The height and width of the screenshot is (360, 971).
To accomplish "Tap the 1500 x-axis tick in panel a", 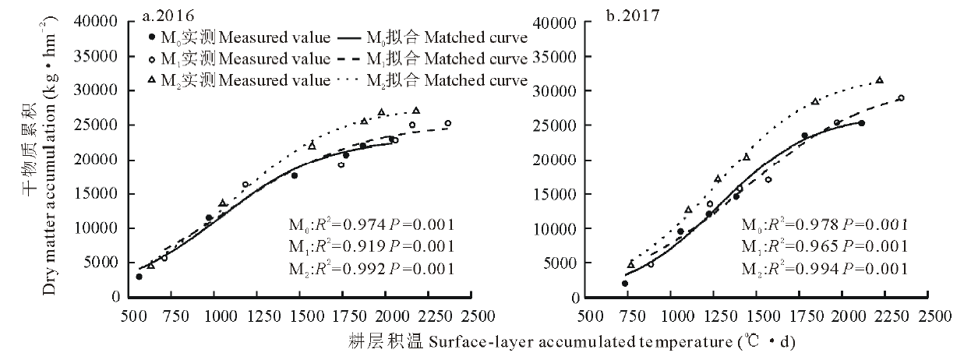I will [305, 317].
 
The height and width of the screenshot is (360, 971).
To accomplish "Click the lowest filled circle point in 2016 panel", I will [139, 277].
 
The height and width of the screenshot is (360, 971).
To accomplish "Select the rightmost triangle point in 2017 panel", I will [880, 80].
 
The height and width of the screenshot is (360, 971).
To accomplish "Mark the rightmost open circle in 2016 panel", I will [448, 123].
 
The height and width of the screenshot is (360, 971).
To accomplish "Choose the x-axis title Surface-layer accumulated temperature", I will [573, 342].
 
